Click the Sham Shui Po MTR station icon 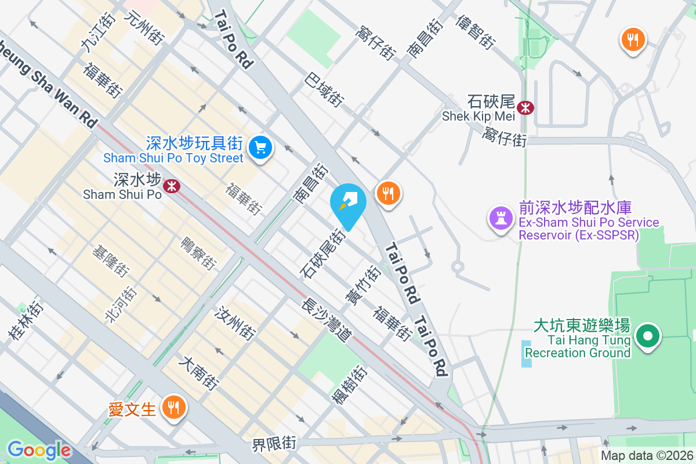click(171, 186)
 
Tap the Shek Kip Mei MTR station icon click(526, 107)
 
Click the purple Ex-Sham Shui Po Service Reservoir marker click(499, 219)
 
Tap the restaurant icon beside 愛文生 click(173, 407)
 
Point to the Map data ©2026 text click(646, 456)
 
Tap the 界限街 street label click(274, 445)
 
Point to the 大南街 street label click(199, 373)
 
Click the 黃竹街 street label click(362, 284)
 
